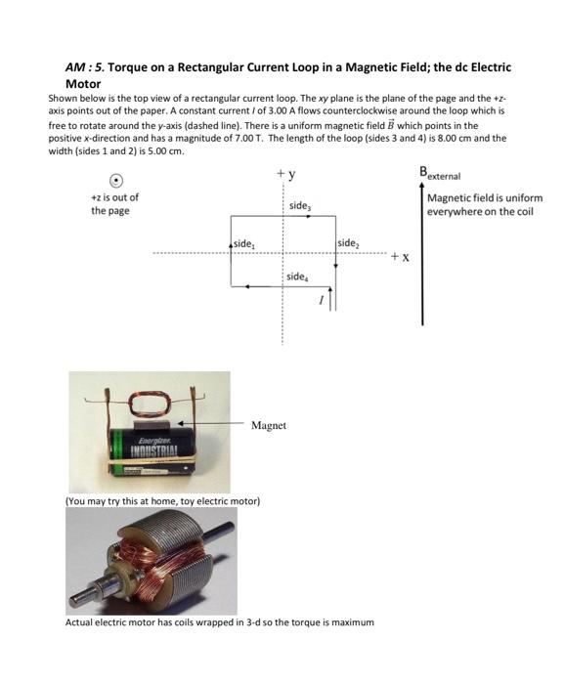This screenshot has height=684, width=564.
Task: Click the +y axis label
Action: point(285,175)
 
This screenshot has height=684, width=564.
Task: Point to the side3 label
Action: point(301,206)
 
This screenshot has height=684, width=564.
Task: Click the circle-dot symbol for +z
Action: point(116,180)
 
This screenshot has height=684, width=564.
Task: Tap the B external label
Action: point(444,175)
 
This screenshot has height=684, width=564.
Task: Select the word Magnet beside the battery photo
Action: point(269,425)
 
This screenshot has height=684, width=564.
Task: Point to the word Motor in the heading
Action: point(83,84)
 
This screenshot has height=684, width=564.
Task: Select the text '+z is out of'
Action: point(114,197)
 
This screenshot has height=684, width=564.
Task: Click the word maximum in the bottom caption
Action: point(352,621)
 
